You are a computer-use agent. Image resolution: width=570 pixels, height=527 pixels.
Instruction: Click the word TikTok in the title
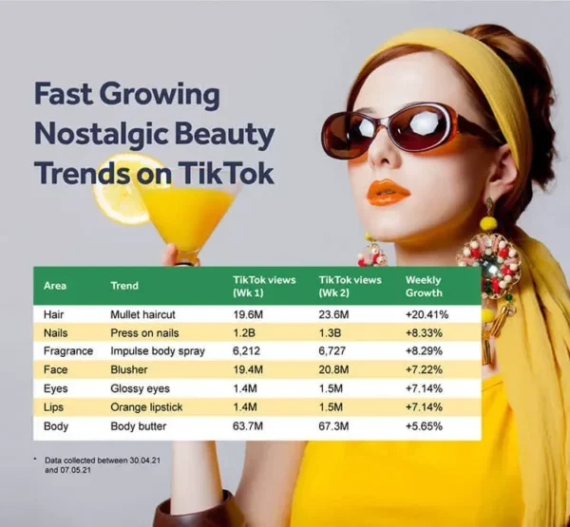(224, 173)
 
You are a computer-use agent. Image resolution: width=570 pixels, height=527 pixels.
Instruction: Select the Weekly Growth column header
(426, 285)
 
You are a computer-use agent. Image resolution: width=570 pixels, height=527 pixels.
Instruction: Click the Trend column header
(124, 285)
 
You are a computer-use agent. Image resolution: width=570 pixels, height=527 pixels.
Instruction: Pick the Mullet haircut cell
(143, 313)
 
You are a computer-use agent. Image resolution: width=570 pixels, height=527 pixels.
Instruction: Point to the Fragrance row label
(68, 351)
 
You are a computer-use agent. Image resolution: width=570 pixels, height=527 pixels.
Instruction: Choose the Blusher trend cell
(130, 370)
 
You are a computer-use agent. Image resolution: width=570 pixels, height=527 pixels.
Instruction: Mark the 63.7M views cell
(251, 426)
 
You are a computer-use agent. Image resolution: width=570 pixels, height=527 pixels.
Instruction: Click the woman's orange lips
(388, 193)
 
